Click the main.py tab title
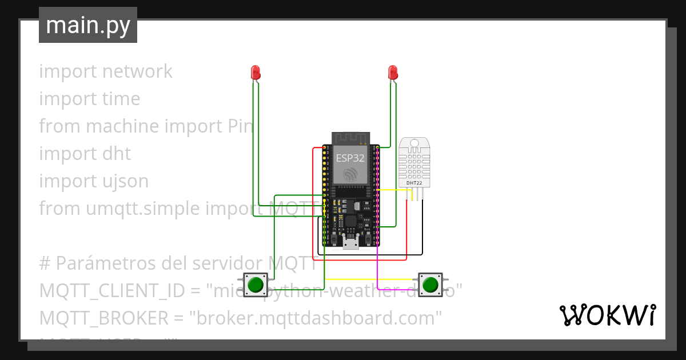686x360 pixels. coord(87,25)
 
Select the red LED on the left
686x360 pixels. coord(256,72)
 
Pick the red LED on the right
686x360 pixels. coord(392,72)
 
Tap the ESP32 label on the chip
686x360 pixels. coord(349,158)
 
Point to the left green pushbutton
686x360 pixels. coord(256,284)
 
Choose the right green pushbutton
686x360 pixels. coord(430,284)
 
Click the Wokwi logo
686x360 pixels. coord(607,315)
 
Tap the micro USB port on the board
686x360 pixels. coord(351,245)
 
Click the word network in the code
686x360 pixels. coord(137,71)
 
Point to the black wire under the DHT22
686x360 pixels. coord(422,229)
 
